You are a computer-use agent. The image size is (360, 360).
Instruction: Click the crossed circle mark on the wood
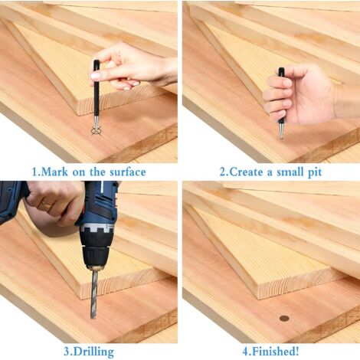pos(96,131)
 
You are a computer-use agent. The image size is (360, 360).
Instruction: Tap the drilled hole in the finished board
pos(284,318)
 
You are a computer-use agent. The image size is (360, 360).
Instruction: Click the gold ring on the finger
pos(47,205)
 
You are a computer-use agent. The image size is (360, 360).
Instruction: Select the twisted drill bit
pos(94,293)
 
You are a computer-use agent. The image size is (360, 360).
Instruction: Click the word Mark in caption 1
pos(54,172)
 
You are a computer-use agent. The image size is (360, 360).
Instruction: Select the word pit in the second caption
pos(315,172)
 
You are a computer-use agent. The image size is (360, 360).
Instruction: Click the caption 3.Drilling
pos(89,352)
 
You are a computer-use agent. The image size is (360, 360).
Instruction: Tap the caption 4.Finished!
pos(270,352)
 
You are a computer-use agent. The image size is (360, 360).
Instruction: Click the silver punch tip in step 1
pos(96,123)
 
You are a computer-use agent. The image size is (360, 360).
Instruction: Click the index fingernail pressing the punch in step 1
pos(95,75)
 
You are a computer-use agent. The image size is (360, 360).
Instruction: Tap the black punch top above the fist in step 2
pos(281,72)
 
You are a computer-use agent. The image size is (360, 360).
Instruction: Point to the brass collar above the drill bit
pos(95,267)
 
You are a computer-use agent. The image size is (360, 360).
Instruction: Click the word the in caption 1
pos(97,172)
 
